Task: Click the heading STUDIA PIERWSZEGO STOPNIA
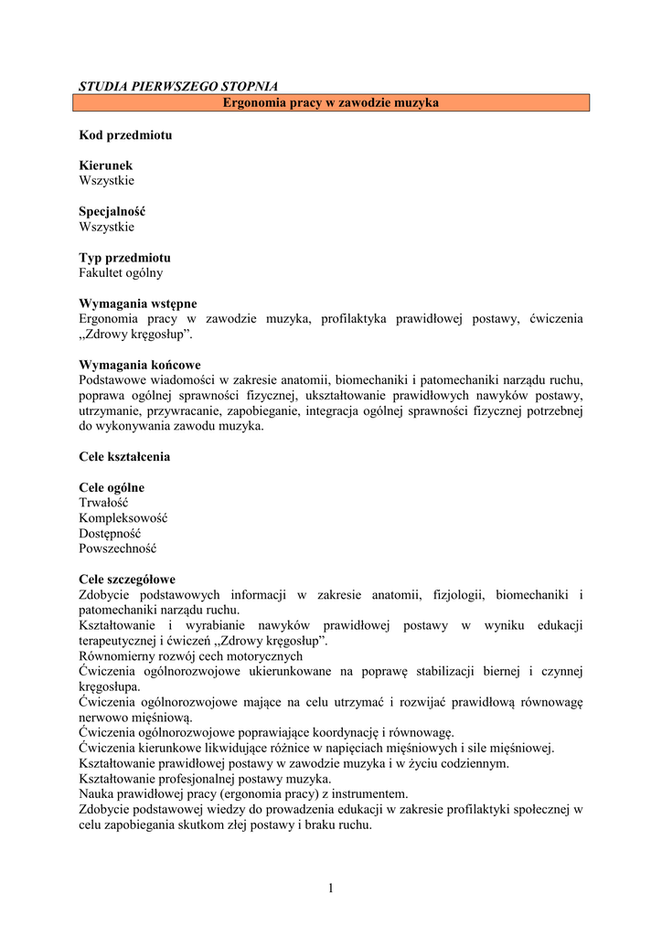coord(178,86)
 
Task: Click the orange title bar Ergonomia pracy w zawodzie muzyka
coord(331,103)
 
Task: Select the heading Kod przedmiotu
coord(125,134)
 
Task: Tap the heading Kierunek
coord(106,165)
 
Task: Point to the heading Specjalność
coord(112,211)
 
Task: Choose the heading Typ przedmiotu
coord(124,258)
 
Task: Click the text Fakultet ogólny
coord(122,272)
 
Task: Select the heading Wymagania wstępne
coord(138,303)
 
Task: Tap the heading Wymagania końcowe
coord(140,365)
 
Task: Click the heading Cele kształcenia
coord(124,456)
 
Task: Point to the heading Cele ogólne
coord(112,487)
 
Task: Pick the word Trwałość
coord(103,503)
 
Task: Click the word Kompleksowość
coord(123,518)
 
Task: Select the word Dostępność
coord(110,533)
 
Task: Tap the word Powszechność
coord(118,548)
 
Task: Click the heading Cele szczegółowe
coord(127,580)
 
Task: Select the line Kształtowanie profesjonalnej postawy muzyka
coord(206,778)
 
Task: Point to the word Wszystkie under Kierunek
coord(106,180)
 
